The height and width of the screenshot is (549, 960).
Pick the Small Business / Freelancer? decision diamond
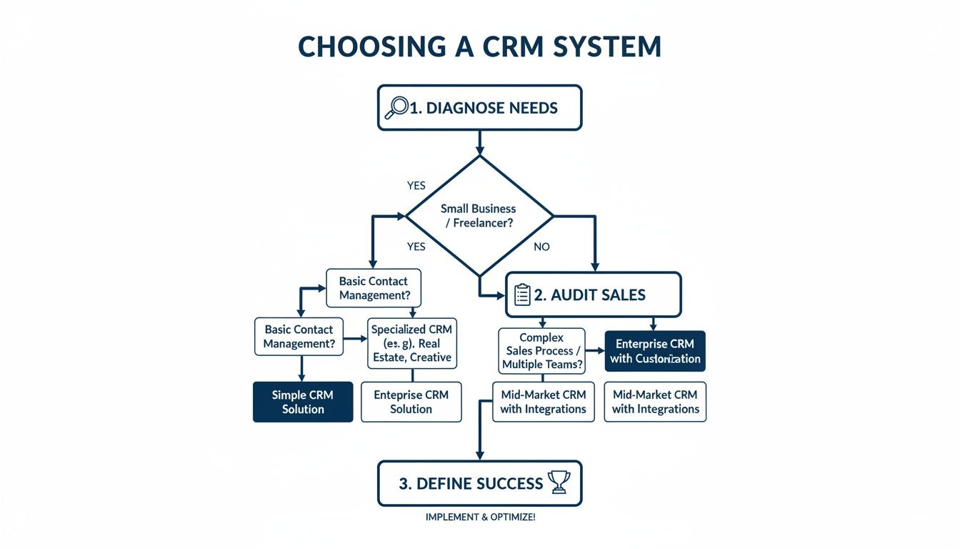tap(479, 215)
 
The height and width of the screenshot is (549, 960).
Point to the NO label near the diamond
tap(543, 247)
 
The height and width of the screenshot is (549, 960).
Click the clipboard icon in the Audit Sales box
tap(522, 295)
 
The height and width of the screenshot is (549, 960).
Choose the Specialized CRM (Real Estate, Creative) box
tap(411, 343)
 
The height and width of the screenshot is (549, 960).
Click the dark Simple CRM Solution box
tap(303, 402)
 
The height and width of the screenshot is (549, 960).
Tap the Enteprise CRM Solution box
tap(411, 402)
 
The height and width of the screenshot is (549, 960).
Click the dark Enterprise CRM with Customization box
tap(655, 351)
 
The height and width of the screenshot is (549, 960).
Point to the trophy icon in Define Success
tap(558, 483)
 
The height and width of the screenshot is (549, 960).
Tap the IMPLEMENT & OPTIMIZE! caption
tap(479, 517)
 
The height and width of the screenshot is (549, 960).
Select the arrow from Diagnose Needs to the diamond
tap(479, 142)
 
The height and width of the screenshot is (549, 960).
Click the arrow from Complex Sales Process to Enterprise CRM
tap(595, 351)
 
